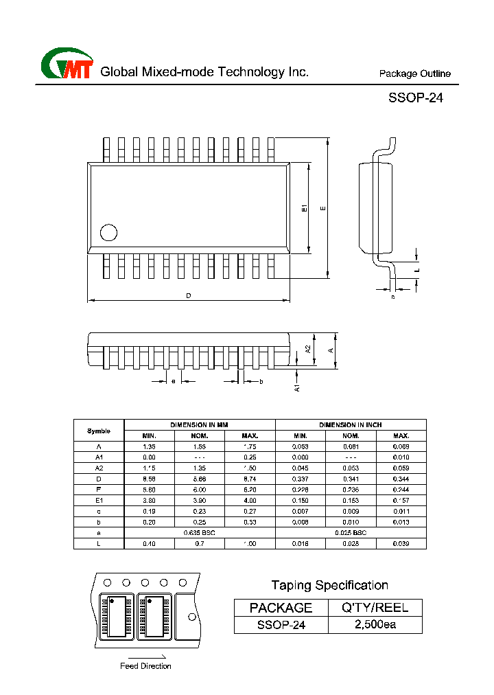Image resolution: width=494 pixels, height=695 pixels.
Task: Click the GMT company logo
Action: point(67,65)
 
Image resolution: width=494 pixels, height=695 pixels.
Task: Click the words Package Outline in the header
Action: point(415,74)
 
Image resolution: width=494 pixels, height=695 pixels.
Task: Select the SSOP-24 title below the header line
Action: point(416,98)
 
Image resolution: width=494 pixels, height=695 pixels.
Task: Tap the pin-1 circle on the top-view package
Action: point(108,232)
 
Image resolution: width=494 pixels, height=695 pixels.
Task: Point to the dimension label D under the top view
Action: point(188,296)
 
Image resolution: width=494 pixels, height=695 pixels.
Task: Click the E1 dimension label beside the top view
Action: point(305,208)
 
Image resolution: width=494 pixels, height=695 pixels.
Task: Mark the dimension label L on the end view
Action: point(417,271)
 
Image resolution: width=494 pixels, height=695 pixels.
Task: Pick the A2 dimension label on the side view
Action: point(308,348)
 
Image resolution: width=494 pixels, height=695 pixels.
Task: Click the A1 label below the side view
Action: point(297,387)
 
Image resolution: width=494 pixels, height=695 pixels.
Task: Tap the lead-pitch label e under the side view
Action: point(174,381)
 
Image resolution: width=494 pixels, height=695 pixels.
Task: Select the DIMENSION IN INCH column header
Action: point(351,425)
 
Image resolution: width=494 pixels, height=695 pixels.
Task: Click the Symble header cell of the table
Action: point(99,431)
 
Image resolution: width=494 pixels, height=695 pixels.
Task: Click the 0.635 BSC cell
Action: point(200,532)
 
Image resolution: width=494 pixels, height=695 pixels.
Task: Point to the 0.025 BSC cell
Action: point(351,532)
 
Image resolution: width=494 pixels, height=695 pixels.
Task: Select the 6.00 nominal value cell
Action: point(200,490)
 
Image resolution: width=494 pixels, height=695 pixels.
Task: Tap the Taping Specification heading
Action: point(329,585)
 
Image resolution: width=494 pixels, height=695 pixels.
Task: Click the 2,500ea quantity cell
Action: point(375,625)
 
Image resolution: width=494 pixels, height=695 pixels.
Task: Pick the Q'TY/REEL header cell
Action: point(375,607)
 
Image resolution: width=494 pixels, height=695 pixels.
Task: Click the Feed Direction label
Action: point(145,666)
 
